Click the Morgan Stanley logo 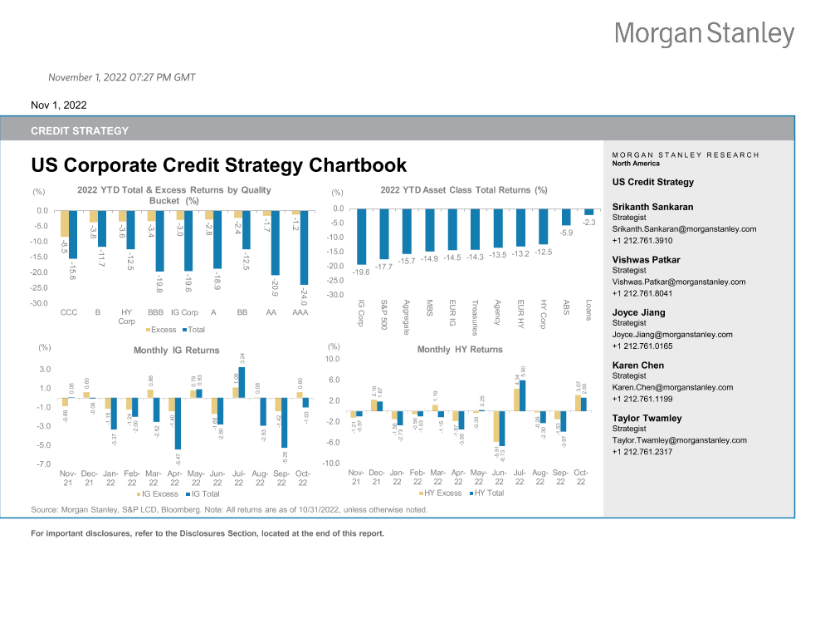coord(704,34)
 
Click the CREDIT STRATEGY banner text coord(80,130)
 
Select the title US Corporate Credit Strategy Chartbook coord(218,165)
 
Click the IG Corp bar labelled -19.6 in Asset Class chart coord(362,236)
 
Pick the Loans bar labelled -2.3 coord(588,212)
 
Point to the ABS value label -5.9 coord(566,233)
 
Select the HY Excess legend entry coord(444,493)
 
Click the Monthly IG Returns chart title coord(177,351)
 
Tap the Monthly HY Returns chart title coord(460,350)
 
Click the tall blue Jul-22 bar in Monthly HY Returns coord(522,395)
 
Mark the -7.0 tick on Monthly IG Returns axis coord(44,464)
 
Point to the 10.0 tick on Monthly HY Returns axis coord(332,360)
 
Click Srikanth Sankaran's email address coord(684,228)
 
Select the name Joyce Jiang coord(638,312)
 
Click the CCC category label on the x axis coord(70,312)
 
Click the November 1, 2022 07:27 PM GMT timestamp coord(122,77)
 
